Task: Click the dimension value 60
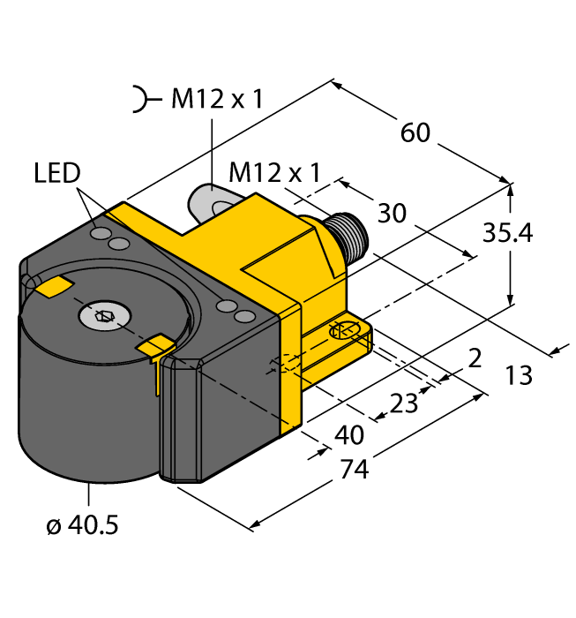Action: [415, 132]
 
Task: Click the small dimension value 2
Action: [475, 358]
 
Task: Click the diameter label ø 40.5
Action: [81, 526]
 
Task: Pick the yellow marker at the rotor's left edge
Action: [55, 285]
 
